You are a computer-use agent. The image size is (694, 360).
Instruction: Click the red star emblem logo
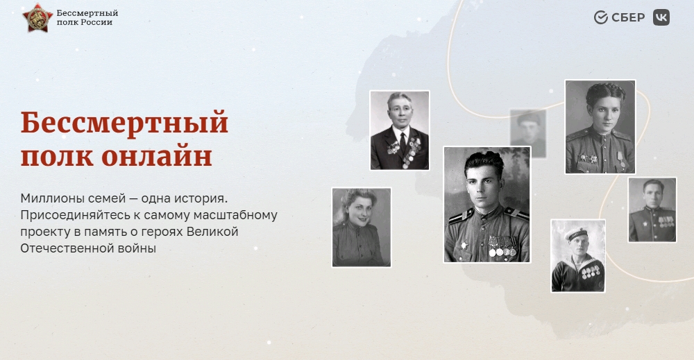coord(37,18)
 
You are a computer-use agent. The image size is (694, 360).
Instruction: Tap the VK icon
coord(661,17)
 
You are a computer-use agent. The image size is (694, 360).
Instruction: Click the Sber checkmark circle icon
coord(600,17)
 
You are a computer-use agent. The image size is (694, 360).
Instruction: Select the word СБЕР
coord(628,18)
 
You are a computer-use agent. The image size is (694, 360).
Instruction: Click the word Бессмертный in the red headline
coord(124,123)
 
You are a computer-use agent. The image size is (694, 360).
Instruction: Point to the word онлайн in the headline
coord(157,157)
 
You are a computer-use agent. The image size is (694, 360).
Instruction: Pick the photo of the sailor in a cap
coord(578,256)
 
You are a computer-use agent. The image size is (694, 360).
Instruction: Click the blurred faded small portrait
coord(528,134)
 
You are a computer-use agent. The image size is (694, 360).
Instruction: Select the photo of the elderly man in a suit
coord(400,130)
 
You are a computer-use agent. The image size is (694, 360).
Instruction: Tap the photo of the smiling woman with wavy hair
coord(362,228)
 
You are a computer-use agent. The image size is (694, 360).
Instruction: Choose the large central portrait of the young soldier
coord(487,205)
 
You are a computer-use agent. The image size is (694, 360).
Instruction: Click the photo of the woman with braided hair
coord(600,127)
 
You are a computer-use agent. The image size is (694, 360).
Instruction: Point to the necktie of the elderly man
coord(403,142)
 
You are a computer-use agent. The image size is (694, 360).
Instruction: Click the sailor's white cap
coord(576,234)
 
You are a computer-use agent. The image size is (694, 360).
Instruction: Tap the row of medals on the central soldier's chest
coord(502,247)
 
